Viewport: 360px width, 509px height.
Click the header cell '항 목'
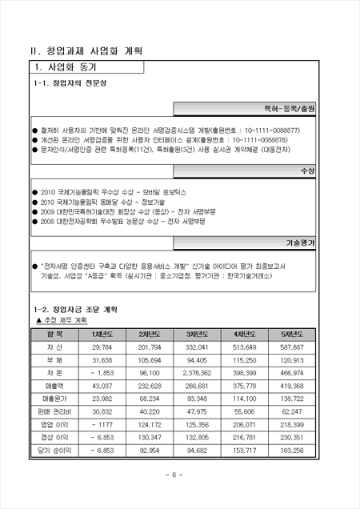[x=54, y=311]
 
